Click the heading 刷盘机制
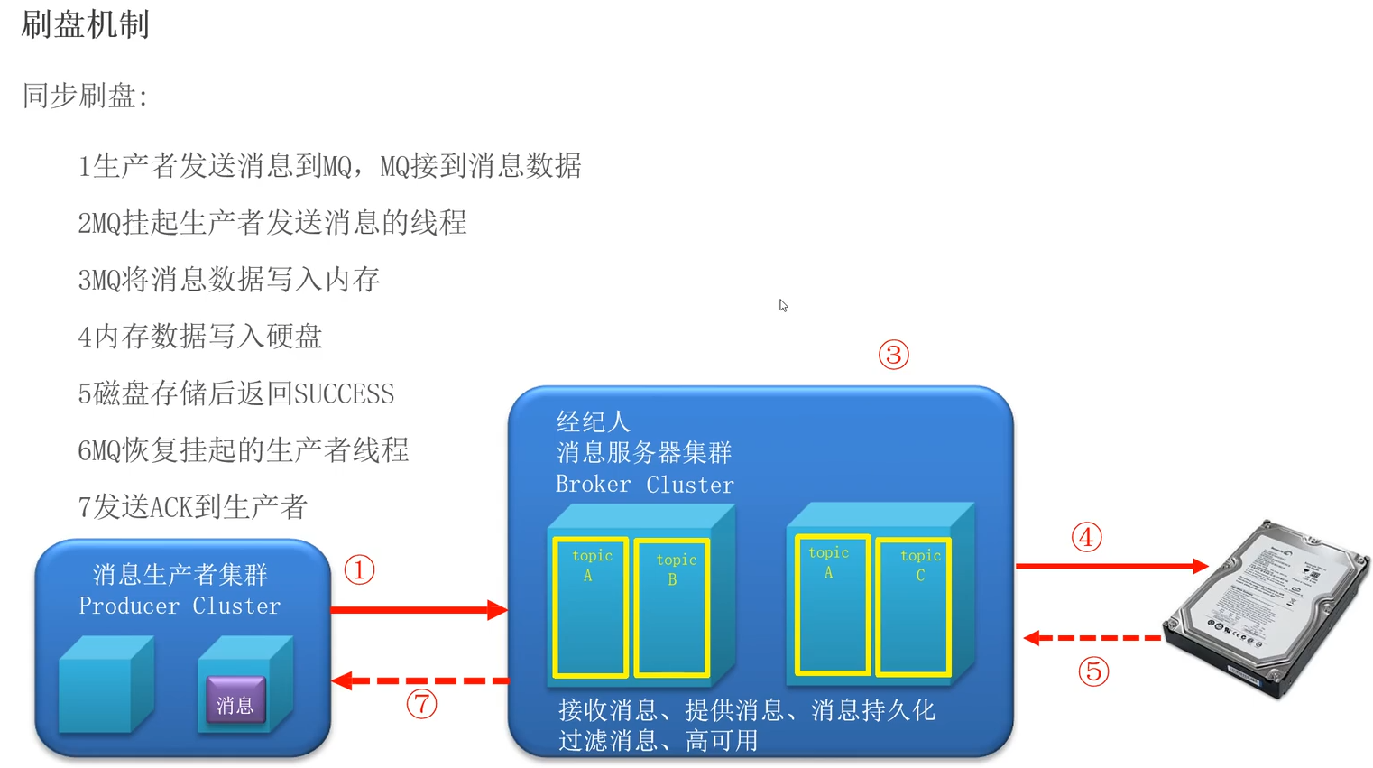click(85, 24)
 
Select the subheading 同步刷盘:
click(85, 96)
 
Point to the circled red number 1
click(359, 570)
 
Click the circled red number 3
click(893, 355)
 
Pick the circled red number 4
click(1086, 538)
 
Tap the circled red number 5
click(1093, 671)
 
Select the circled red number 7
click(421, 704)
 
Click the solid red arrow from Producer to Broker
click(419, 610)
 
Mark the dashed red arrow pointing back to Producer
click(420, 680)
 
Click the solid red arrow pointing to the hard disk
click(1110, 566)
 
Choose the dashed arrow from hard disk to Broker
click(1092, 638)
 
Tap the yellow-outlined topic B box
click(672, 607)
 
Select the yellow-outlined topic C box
click(913, 606)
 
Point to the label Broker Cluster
click(644, 485)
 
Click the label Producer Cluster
click(180, 606)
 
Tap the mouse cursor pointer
click(783, 305)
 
